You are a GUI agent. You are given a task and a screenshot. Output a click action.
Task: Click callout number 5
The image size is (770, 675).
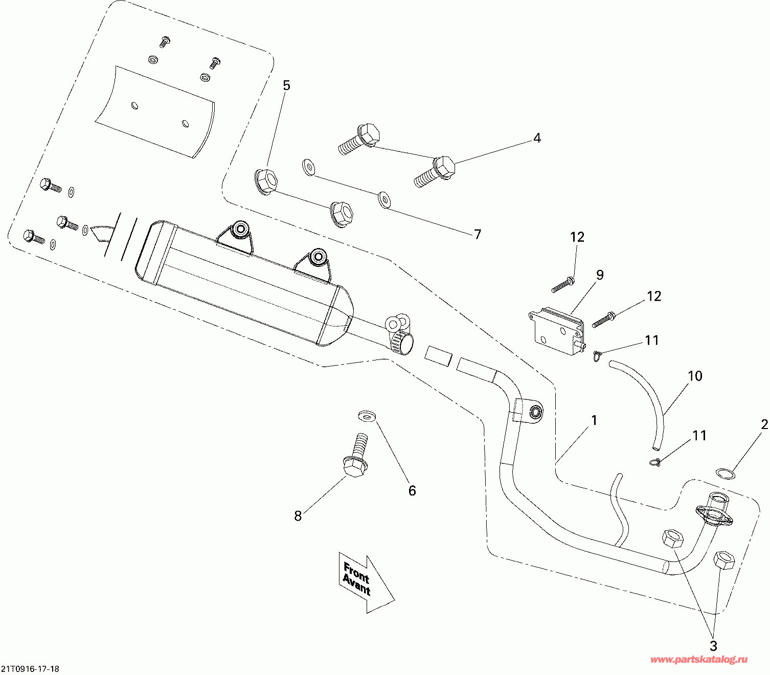(286, 86)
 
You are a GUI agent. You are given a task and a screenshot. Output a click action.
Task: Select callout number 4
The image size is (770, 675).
(537, 138)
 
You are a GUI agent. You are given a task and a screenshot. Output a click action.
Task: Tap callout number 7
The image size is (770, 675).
(478, 234)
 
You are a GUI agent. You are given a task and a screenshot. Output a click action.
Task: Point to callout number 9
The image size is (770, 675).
(600, 275)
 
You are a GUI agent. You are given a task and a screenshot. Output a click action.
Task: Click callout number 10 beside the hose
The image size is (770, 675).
(695, 376)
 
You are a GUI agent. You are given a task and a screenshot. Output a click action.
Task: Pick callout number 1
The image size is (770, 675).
(594, 420)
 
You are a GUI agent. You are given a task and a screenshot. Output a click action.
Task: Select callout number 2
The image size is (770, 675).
(764, 424)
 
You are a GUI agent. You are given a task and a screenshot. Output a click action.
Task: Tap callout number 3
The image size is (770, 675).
(713, 645)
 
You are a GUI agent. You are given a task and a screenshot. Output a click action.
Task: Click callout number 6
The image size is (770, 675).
(412, 490)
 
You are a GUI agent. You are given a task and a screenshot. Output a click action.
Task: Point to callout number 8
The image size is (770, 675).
(298, 516)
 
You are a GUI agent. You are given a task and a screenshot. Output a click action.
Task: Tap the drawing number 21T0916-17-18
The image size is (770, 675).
(30, 669)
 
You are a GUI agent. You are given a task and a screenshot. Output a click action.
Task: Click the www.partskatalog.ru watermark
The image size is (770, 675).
(698, 660)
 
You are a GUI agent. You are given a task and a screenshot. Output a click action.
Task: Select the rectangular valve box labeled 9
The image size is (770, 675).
(557, 331)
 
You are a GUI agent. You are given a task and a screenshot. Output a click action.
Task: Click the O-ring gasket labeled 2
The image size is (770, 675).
(725, 473)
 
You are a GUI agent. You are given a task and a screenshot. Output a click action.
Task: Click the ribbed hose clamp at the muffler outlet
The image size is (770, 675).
(402, 341)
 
